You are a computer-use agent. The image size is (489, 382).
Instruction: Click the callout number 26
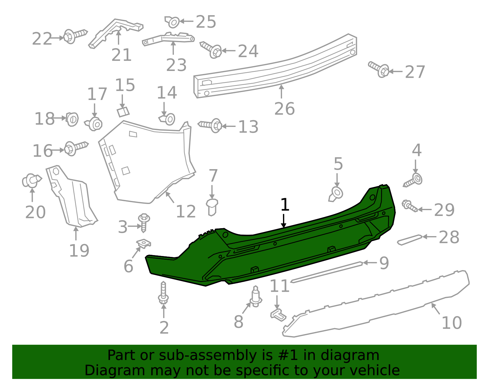(284, 109)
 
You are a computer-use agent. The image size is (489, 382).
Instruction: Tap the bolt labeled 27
(379, 69)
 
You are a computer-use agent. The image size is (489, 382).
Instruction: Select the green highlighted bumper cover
(275, 251)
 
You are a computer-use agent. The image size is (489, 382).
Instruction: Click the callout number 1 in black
(285, 205)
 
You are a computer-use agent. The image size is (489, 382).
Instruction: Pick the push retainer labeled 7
(212, 207)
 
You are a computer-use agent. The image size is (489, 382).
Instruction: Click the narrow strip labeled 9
(327, 271)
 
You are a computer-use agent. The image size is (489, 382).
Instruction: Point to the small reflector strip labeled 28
(410, 240)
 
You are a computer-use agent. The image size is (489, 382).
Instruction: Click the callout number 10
(451, 323)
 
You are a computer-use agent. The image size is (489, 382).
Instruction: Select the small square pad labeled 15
(123, 112)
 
